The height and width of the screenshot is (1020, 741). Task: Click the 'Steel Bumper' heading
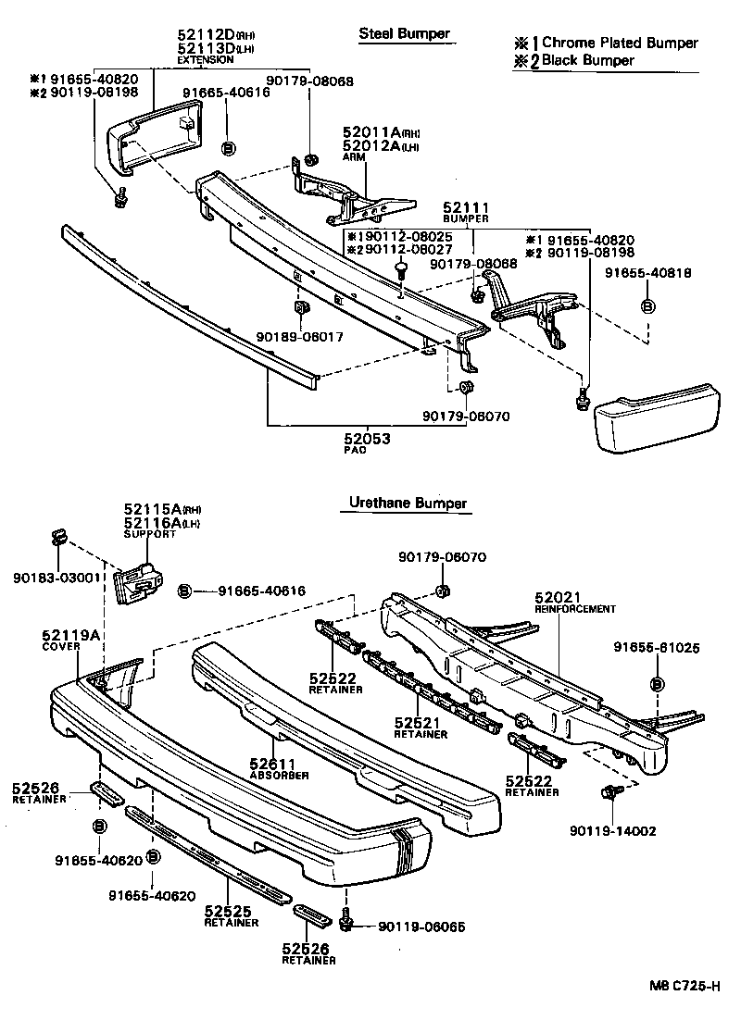tap(404, 34)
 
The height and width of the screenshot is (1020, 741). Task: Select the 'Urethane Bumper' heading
tap(408, 504)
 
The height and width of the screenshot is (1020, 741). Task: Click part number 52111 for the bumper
tap(465, 208)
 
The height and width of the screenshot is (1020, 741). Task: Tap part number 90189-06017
tap(300, 338)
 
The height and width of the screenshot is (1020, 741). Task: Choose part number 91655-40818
tap(648, 272)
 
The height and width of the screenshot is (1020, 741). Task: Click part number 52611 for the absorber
tap(272, 765)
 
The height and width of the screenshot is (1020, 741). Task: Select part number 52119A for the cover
tap(70, 635)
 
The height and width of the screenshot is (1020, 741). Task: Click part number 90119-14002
tap(613, 831)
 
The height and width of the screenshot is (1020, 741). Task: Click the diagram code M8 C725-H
tap(684, 987)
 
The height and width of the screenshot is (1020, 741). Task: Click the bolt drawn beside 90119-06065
tap(346, 923)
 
